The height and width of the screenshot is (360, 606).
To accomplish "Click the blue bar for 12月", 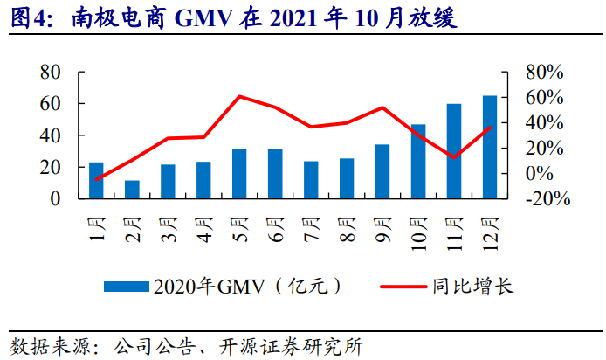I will click(x=489, y=147).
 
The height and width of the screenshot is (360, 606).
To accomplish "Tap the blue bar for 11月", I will click(x=454, y=151).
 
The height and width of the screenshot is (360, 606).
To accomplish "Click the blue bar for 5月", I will click(x=239, y=174).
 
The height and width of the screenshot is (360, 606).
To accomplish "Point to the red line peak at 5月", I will click(x=239, y=96).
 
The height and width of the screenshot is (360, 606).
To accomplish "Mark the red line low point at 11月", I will click(x=454, y=157).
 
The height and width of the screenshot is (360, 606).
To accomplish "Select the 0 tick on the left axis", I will click(x=56, y=198).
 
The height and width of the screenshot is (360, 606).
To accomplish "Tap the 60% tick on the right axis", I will click(x=547, y=97).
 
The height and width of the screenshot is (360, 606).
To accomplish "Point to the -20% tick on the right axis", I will click(x=547, y=198).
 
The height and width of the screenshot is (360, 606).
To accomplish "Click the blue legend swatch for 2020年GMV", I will click(x=127, y=287).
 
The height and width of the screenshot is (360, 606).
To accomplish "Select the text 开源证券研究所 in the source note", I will click(x=298, y=344).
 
